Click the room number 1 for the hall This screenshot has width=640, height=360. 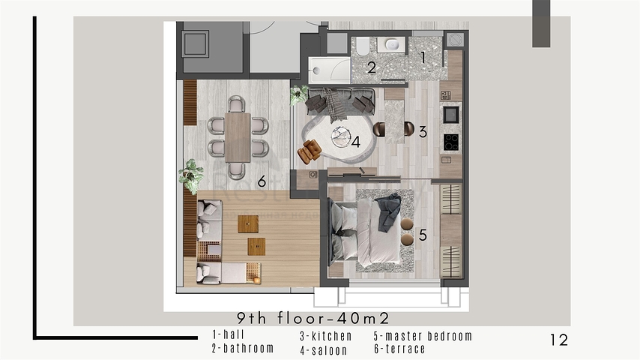click(x=423, y=56)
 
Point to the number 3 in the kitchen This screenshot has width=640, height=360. click(x=423, y=132)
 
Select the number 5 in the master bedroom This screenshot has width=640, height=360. click(x=423, y=235)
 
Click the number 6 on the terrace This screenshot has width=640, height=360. click(x=262, y=181)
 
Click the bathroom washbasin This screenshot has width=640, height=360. click(x=391, y=45)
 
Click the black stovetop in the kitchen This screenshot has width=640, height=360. click(x=451, y=141)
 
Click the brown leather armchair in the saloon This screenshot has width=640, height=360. click(x=310, y=151)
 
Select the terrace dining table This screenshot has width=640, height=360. click(x=238, y=136)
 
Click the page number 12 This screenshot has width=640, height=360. click(x=558, y=340)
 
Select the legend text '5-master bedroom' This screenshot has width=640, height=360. click(x=423, y=336)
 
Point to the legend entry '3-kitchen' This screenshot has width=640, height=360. click(x=326, y=336)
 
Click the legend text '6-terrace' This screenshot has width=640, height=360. click(x=399, y=349)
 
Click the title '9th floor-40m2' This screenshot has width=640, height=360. click(x=313, y=319)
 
